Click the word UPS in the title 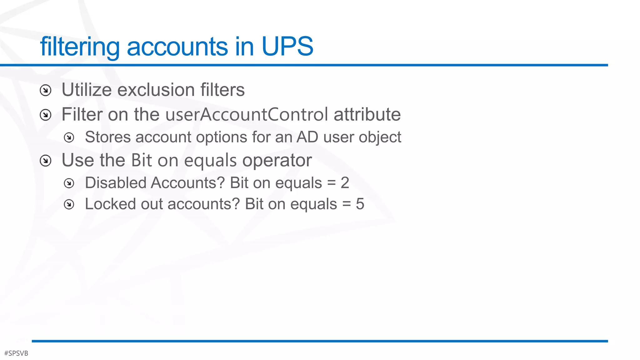287,46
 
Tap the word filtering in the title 80,47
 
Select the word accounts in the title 177,47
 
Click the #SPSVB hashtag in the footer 16,353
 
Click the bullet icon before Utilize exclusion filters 46,91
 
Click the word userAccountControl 247,114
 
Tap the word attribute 367,114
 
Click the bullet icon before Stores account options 69,137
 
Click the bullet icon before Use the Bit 46,161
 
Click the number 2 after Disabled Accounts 345,183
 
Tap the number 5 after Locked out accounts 360,204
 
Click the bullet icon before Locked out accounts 69,204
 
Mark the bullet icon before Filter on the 46,115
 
